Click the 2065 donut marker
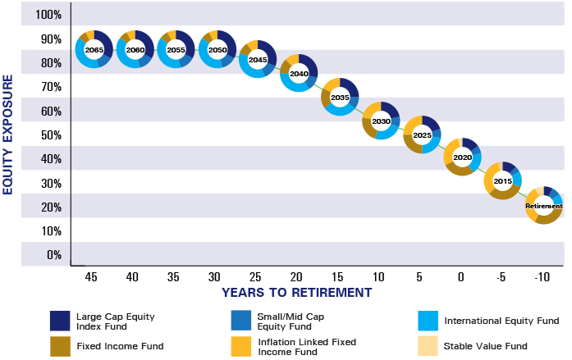94,51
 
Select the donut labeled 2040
299,74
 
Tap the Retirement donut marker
543,206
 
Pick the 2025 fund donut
422,134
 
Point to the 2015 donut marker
503,180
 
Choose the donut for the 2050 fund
217,51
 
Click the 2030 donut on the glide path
381,121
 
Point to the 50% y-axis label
49,135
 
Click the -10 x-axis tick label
542,277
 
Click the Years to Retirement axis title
297,293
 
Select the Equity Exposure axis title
9,134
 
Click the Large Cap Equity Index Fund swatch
59,320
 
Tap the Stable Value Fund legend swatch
427,346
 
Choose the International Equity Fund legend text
501,321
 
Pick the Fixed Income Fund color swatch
59,346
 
